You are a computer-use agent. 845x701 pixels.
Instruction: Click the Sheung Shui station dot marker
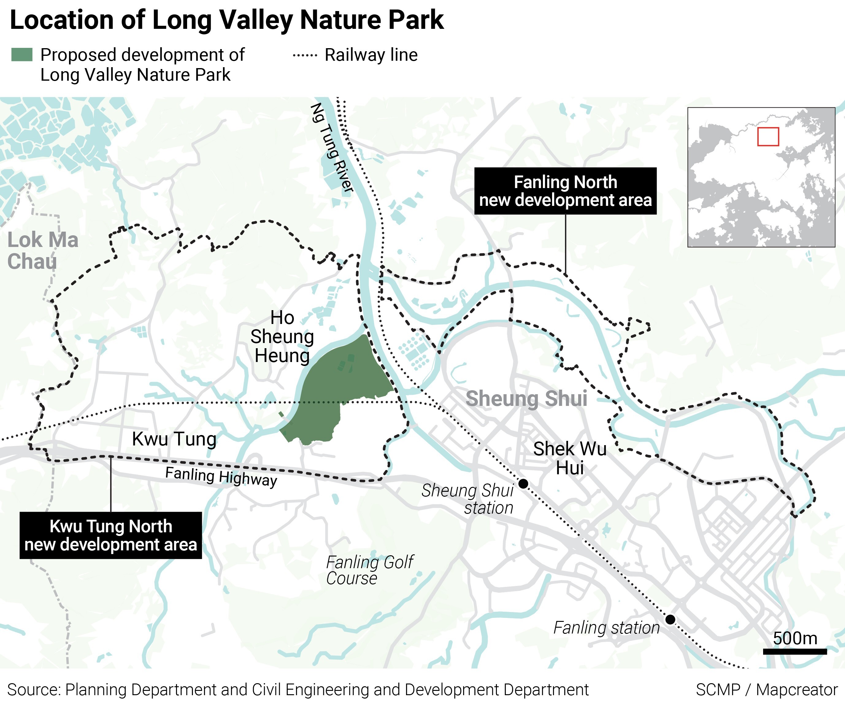click(x=523, y=483)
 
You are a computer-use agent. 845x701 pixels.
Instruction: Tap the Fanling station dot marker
click(x=670, y=619)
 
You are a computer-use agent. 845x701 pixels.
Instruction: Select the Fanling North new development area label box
click(x=565, y=191)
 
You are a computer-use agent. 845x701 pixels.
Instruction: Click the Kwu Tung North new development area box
click(x=111, y=535)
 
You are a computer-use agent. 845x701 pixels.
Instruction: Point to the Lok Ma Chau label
click(x=43, y=250)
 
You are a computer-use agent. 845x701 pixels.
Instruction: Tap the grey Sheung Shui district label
click(x=526, y=399)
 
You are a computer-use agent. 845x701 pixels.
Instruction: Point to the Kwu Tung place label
click(x=174, y=439)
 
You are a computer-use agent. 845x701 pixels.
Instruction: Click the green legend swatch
click(x=22, y=55)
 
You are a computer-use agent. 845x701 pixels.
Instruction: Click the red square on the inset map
click(x=768, y=137)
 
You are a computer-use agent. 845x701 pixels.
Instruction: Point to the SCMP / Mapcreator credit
click(x=766, y=690)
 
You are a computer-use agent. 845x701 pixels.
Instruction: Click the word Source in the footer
click(x=33, y=690)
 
